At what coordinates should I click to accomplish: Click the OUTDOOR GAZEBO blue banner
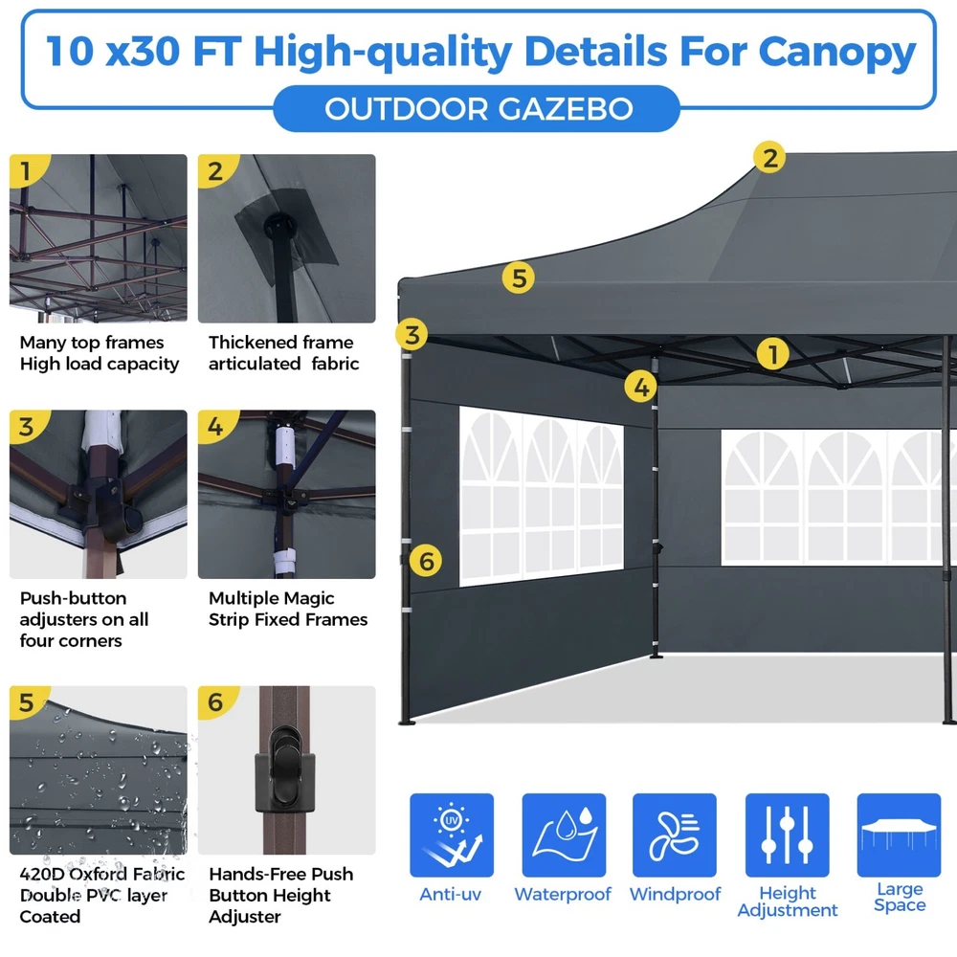477,109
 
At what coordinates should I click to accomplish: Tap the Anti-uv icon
452,835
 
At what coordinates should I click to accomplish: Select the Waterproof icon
564,835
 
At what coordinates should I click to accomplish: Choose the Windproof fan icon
675,835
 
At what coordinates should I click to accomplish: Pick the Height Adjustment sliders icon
788,835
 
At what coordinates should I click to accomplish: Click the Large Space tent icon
899,835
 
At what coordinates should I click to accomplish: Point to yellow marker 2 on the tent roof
769,158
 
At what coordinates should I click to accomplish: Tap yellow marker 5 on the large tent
518,278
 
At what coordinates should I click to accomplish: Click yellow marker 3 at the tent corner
412,334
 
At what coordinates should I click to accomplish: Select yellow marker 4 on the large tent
641,387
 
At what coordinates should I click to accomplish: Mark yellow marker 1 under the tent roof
772,354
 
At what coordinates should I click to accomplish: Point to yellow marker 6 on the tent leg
426,560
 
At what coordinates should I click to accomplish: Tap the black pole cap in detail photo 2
279,227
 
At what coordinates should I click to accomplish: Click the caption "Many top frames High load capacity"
100,353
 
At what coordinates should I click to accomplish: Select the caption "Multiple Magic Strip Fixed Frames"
288,609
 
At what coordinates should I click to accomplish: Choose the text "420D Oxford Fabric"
102,874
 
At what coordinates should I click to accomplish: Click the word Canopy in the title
836,53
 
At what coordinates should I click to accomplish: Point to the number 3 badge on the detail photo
26,427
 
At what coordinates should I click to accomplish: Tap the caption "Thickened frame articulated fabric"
284,353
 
